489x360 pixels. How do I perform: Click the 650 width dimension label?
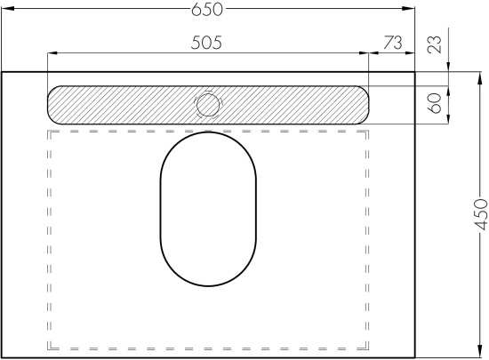(207, 10)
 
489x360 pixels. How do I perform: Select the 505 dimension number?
(206, 43)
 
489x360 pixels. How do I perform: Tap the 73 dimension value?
(393, 43)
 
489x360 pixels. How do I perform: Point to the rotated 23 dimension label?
(435, 44)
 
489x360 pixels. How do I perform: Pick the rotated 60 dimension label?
(435, 103)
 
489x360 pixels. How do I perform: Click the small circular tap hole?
(208, 105)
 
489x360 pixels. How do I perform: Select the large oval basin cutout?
(208, 209)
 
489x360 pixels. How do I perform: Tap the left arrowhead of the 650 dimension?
(7, 8)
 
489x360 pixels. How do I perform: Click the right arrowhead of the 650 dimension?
(410, 8)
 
